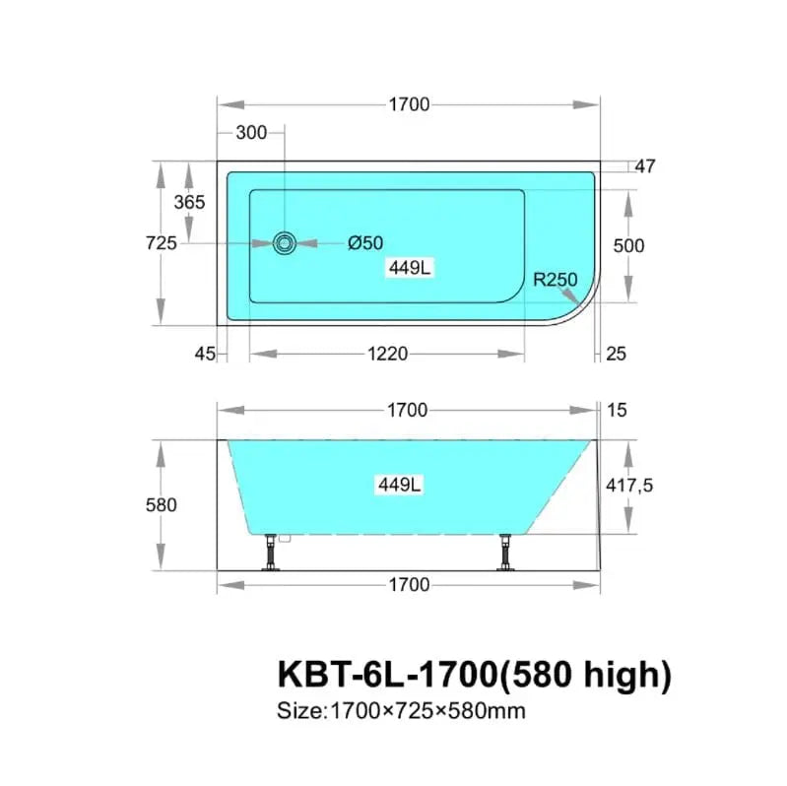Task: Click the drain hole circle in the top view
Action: point(285,243)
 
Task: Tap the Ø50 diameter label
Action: point(365,243)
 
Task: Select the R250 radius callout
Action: point(556,280)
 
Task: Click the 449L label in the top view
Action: point(410,268)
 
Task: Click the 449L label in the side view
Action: point(400,485)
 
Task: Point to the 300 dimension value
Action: point(251,133)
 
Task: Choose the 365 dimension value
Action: point(190,202)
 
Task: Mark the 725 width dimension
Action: point(162,243)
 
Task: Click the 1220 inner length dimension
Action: point(387,354)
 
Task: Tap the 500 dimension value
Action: point(628,246)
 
